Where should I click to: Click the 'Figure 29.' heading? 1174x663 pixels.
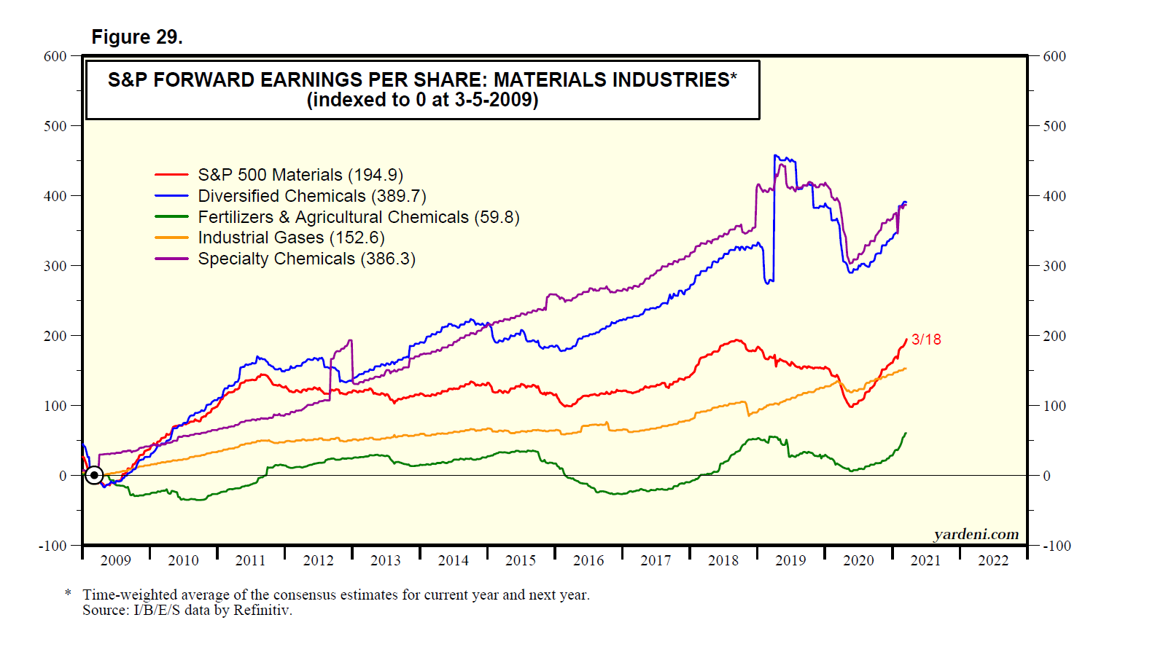coord(136,37)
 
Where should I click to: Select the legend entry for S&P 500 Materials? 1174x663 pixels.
coord(300,175)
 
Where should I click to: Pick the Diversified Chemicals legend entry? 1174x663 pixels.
coord(311,196)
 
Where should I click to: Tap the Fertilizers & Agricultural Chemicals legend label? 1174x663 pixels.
coord(358,217)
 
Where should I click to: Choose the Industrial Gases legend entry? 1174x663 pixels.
coord(291,238)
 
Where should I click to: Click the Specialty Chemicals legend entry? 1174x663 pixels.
coord(306,259)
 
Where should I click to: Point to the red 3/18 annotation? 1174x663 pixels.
coord(926,340)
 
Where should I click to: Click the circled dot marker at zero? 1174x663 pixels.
coord(94,476)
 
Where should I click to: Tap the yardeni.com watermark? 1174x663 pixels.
coord(976,535)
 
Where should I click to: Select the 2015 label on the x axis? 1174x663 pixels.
coord(521,560)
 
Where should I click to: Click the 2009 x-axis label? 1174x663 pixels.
coord(115,560)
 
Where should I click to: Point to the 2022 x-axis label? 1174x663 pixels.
coord(993,560)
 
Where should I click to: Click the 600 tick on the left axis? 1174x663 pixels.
coord(55,56)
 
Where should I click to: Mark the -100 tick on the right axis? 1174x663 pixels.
coord(1057,546)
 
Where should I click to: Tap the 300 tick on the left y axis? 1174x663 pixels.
coord(55,266)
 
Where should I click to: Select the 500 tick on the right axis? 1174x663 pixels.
coord(1054,126)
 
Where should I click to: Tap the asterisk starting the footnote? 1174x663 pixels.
coord(69,593)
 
